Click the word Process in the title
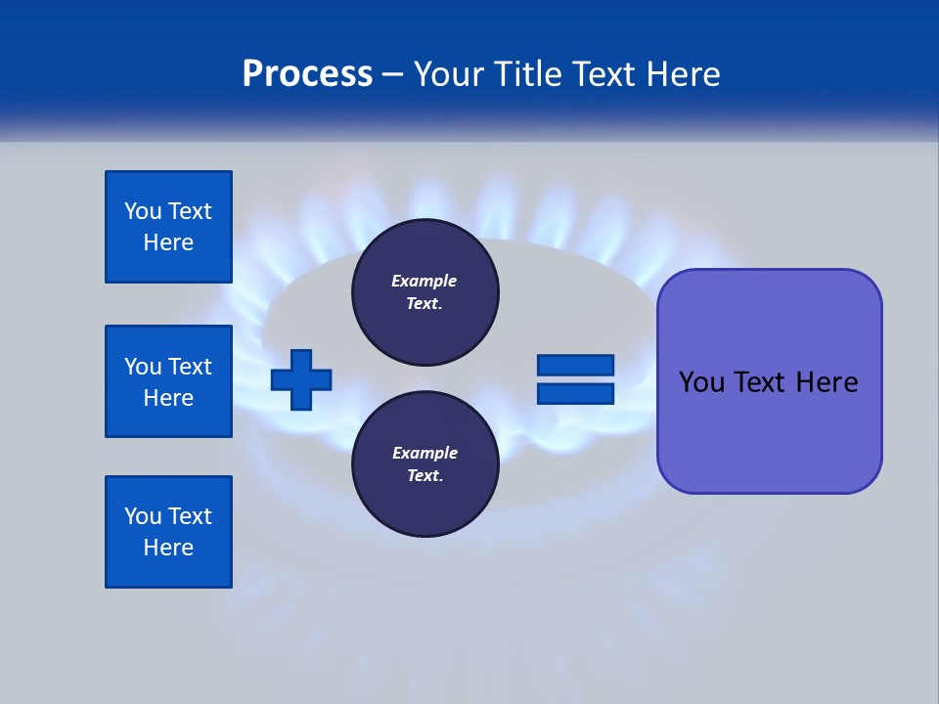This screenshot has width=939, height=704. (x=307, y=74)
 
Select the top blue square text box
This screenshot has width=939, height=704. (x=168, y=227)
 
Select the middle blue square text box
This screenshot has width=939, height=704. (x=168, y=381)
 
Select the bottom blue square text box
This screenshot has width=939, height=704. (x=168, y=532)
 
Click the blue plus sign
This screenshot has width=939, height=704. (x=301, y=379)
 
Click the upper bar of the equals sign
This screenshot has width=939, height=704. (x=575, y=365)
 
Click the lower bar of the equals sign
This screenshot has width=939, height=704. (x=575, y=393)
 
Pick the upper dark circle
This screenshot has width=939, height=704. (x=425, y=291)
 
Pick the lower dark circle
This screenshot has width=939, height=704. (x=425, y=464)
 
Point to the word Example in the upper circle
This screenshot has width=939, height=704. (x=425, y=281)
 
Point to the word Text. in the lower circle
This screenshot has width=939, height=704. (x=425, y=476)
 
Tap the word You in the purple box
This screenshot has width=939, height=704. (x=702, y=382)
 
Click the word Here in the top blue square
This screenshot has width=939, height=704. (x=168, y=242)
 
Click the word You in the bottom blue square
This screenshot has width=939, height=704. (x=143, y=516)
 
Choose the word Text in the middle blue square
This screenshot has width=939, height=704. (x=190, y=367)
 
